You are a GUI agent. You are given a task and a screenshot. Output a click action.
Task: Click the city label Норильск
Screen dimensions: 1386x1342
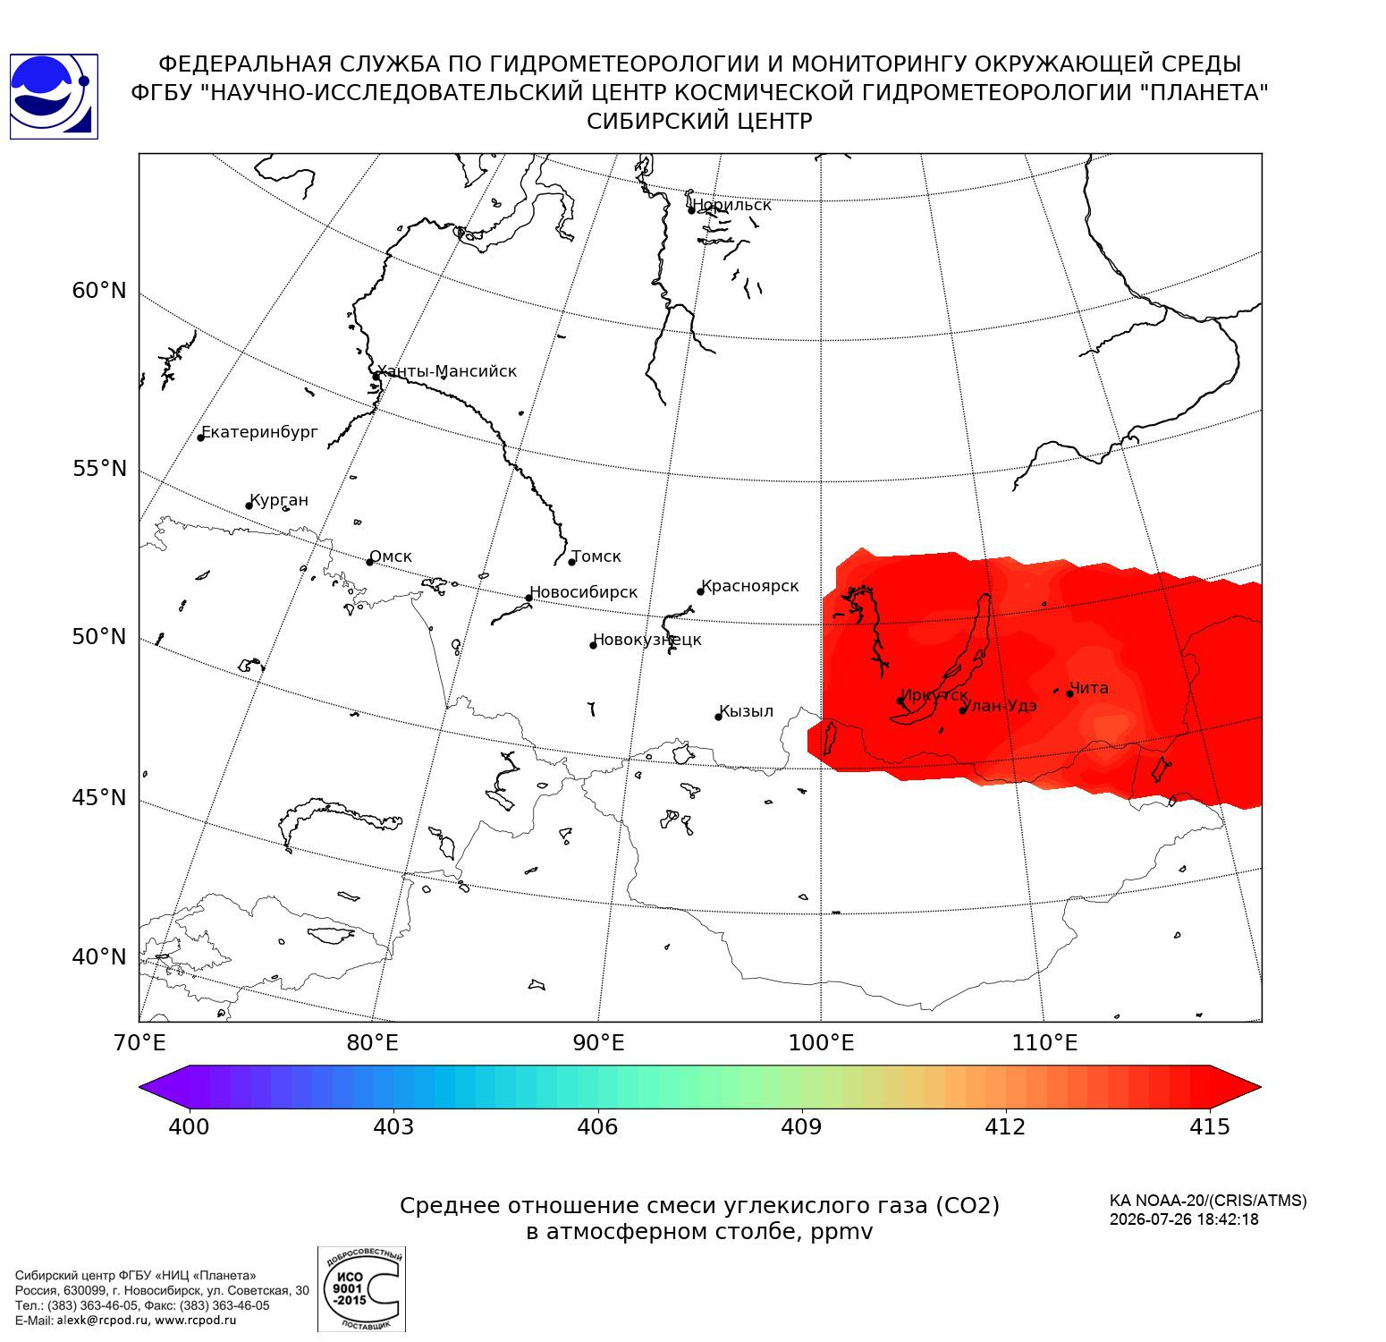point(731,205)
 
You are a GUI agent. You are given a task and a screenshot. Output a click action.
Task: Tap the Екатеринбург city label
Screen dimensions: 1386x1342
point(259,433)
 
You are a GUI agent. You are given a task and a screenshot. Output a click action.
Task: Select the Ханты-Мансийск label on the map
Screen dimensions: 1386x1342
point(446,371)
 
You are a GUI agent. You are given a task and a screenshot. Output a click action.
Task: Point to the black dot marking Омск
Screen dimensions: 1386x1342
point(369,562)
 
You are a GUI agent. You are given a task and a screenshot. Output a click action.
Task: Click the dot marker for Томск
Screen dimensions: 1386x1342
point(571,562)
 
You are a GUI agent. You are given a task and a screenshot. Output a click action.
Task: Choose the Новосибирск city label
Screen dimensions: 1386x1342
point(584,592)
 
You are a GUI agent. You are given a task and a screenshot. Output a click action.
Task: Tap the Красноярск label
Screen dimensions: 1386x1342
point(750,587)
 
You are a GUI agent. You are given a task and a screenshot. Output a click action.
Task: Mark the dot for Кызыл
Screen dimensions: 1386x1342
point(718,717)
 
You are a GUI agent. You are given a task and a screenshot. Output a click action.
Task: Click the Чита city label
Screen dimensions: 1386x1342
point(1089,688)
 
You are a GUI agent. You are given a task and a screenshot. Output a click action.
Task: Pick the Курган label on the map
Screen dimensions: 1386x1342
point(279,500)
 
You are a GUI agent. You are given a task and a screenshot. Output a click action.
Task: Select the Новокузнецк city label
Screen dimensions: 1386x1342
point(647,640)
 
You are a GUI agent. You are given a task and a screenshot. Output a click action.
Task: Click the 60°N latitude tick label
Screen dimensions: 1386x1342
point(99,291)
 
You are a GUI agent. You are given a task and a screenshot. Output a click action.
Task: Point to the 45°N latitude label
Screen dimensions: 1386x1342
point(99,797)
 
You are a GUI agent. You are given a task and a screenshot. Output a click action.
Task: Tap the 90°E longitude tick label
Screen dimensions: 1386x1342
point(599,1042)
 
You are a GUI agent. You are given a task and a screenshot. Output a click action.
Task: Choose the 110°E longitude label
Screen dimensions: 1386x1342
point(1044,1042)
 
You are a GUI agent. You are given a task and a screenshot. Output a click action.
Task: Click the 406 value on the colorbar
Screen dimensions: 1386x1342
point(597,1126)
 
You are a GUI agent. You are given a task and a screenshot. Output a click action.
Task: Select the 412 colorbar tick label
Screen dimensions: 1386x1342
point(1005,1126)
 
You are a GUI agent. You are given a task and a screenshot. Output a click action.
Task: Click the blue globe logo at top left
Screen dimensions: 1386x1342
point(54,97)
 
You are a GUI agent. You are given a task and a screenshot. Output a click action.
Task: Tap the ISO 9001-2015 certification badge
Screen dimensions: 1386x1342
point(361,1289)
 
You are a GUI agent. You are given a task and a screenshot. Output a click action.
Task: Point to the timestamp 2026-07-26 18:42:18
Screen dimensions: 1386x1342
point(1184,1219)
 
